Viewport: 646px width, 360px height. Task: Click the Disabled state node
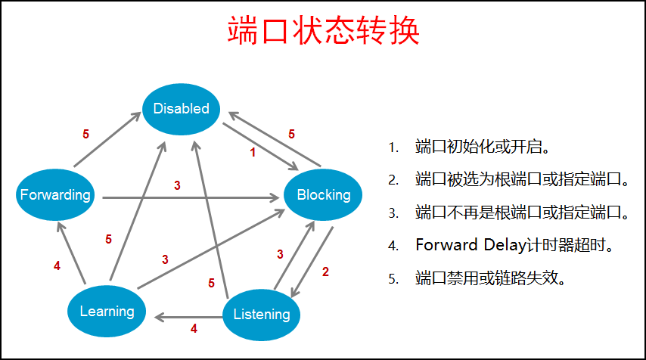[x=181, y=109]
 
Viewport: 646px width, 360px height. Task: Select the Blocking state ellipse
[x=323, y=195]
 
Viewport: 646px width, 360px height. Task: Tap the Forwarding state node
[x=55, y=195]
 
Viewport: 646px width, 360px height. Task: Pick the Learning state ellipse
[x=107, y=312]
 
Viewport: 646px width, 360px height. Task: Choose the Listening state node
[x=261, y=315]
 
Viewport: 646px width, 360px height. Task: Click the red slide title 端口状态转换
[x=324, y=30]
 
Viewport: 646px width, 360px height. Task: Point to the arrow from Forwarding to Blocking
[x=191, y=198]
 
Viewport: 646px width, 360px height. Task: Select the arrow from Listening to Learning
[x=188, y=317]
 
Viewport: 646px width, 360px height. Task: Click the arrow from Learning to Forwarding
[x=71, y=253]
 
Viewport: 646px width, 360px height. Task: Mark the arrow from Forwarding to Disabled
[x=107, y=139]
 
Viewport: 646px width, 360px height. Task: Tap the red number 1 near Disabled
[x=253, y=153]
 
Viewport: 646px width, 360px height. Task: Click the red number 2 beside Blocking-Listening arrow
[x=325, y=272]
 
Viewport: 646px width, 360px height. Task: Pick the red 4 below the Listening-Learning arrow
[x=194, y=328]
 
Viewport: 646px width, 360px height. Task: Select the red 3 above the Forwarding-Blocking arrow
[x=177, y=185]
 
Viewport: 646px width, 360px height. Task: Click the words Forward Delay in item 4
[x=471, y=245]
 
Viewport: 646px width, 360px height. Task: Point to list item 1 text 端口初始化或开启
[x=483, y=147]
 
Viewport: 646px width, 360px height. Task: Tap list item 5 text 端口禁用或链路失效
[x=490, y=278]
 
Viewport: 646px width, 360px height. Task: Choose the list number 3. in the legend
[x=393, y=213]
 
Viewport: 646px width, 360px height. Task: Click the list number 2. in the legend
[x=393, y=180]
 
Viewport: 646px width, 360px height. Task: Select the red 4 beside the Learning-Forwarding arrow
[x=57, y=265]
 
